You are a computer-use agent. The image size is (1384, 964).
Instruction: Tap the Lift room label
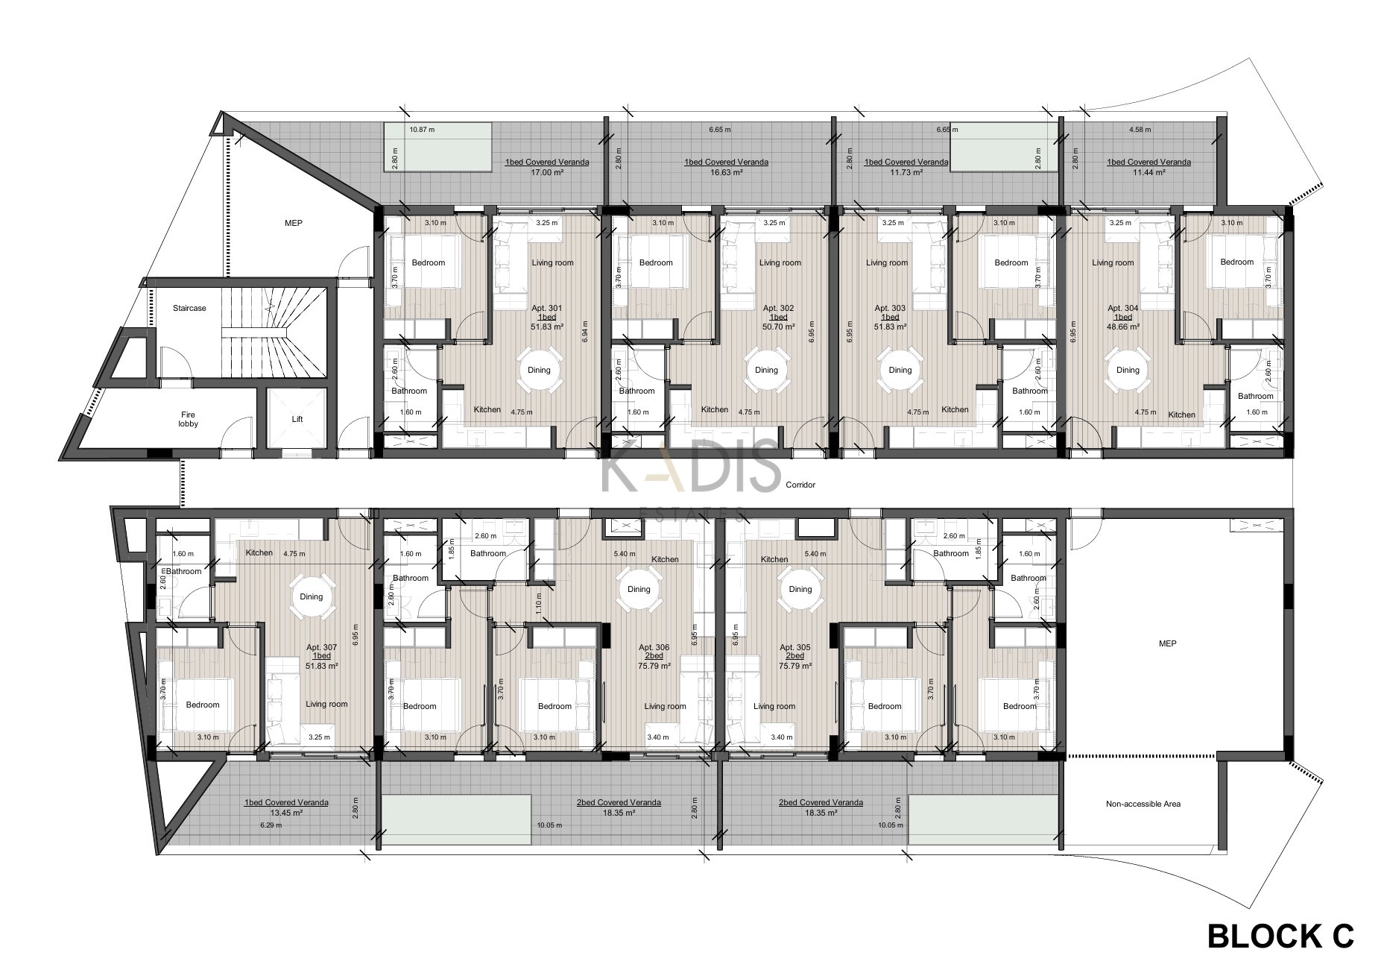pyautogui.click(x=297, y=419)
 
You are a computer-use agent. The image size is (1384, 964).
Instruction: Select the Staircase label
pyautogui.click(x=189, y=308)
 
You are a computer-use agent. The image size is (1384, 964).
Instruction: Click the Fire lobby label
pyautogui.click(x=188, y=419)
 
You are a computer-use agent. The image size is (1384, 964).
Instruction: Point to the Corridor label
pyautogui.click(x=800, y=485)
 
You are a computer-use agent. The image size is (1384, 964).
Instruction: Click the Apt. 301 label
pyautogui.click(x=546, y=308)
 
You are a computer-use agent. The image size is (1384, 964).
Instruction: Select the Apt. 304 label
pyautogui.click(x=1122, y=308)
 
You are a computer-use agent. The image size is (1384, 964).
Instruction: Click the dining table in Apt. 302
pyautogui.click(x=766, y=371)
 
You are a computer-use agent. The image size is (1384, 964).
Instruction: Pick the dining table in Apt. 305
pyautogui.click(x=800, y=589)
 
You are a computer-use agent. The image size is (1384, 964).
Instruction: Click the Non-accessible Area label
pyautogui.click(x=1143, y=804)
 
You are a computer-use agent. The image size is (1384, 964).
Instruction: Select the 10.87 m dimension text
pyautogui.click(x=422, y=130)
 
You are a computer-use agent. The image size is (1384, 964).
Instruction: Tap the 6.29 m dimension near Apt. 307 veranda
pyautogui.click(x=271, y=825)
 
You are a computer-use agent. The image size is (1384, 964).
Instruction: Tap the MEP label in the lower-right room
pyautogui.click(x=1168, y=643)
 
